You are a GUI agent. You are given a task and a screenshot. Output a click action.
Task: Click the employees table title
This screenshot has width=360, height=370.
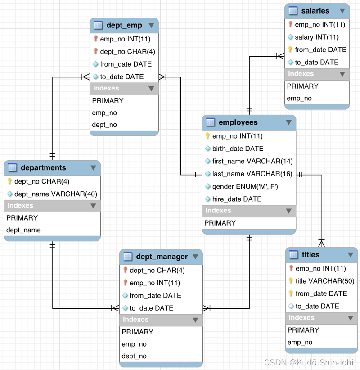(238, 122)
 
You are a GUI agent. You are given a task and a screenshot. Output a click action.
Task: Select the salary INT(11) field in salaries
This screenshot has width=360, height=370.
(316, 37)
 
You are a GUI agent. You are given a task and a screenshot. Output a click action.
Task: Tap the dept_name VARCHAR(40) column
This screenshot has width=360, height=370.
(56, 194)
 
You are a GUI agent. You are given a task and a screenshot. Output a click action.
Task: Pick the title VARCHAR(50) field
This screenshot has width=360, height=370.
(325, 281)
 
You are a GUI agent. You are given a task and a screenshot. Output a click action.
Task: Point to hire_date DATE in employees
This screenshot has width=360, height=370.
(237, 199)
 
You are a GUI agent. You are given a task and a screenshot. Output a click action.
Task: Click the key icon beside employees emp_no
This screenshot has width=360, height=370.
(208, 136)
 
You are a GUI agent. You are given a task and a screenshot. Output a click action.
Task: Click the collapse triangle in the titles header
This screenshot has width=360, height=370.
(351, 255)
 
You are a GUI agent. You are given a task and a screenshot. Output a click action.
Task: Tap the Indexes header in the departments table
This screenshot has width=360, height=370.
(21, 206)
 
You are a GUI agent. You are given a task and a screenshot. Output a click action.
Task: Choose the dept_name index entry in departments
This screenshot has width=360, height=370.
(23, 230)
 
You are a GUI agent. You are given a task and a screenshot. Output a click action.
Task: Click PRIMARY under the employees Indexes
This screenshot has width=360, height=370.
(220, 223)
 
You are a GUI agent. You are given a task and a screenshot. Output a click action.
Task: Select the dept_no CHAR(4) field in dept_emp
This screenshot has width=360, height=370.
(127, 52)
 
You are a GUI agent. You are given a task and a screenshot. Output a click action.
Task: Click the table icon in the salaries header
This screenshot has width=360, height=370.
(293, 11)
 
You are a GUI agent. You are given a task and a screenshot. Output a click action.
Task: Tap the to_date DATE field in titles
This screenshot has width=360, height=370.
(317, 306)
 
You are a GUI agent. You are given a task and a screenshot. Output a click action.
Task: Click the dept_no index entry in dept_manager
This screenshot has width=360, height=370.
(134, 356)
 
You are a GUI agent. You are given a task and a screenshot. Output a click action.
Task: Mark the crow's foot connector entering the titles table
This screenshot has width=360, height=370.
(321, 243)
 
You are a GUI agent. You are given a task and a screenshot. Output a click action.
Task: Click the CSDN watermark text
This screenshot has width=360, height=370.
(310, 362)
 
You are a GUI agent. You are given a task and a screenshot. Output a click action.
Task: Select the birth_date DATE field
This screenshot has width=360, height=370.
(238, 149)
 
